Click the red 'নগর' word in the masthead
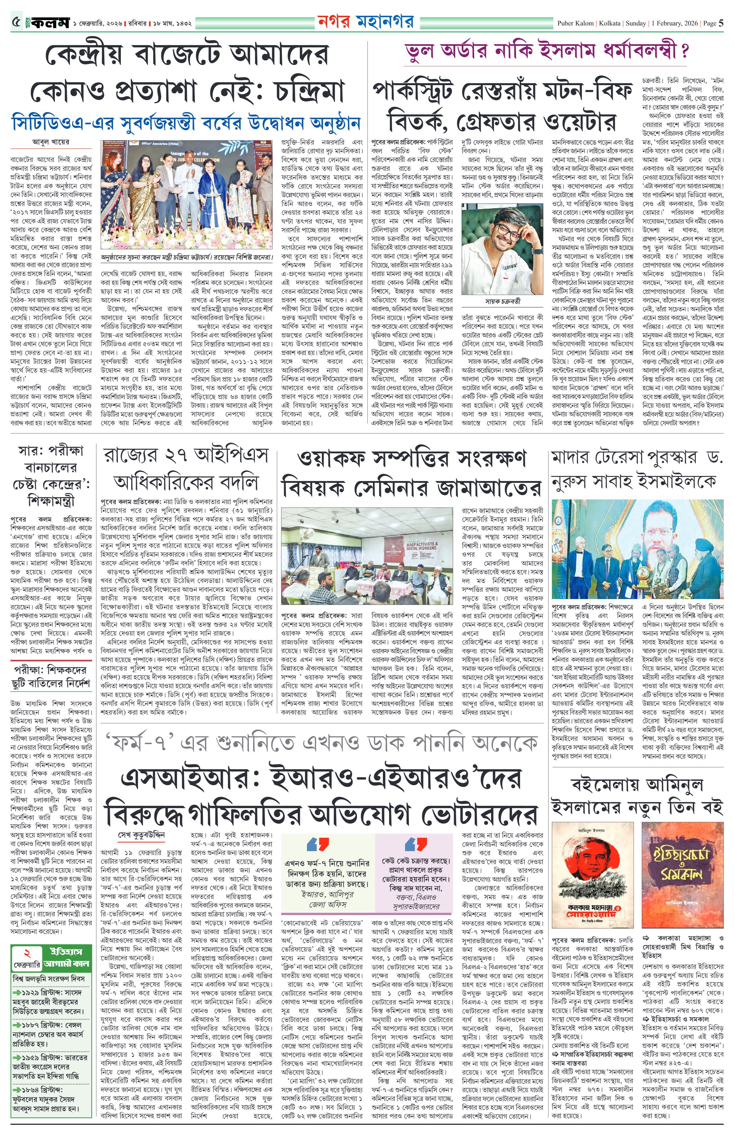pos(335,21)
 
